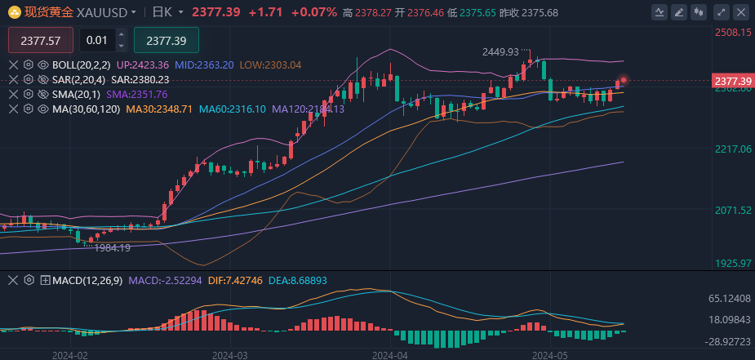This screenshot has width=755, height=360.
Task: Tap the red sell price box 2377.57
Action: pos(41,41)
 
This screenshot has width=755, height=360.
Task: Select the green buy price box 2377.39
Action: pos(166,41)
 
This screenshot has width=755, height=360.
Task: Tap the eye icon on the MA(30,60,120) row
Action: pos(42,109)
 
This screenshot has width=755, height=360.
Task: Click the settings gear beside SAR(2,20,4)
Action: pos(28,79)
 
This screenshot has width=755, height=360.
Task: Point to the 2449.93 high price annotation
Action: pos(500,51)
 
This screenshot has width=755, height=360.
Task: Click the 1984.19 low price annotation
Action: pos(112,247)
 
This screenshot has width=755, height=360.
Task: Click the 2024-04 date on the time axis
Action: pos(389,355)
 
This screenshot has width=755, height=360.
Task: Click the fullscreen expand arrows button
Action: pos(719,12)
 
